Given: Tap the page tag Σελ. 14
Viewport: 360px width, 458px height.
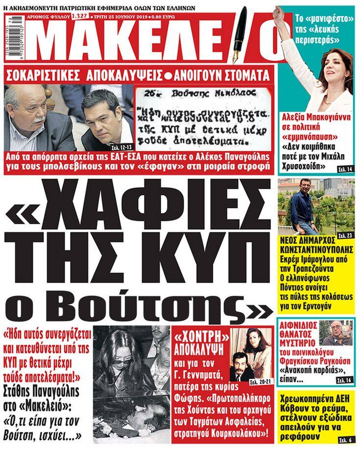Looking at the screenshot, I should tap(346, 169).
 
